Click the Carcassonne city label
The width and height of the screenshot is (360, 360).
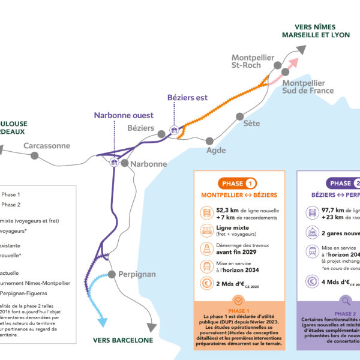tap(47, 146)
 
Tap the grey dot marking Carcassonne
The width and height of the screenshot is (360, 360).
tap(35, 155)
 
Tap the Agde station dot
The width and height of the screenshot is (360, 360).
tap(210, 141)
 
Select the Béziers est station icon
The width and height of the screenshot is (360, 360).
tap(173, 130)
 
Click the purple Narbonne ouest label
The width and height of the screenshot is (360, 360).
tap(124, 115)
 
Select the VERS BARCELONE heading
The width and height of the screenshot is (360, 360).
tap(123, 340)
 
